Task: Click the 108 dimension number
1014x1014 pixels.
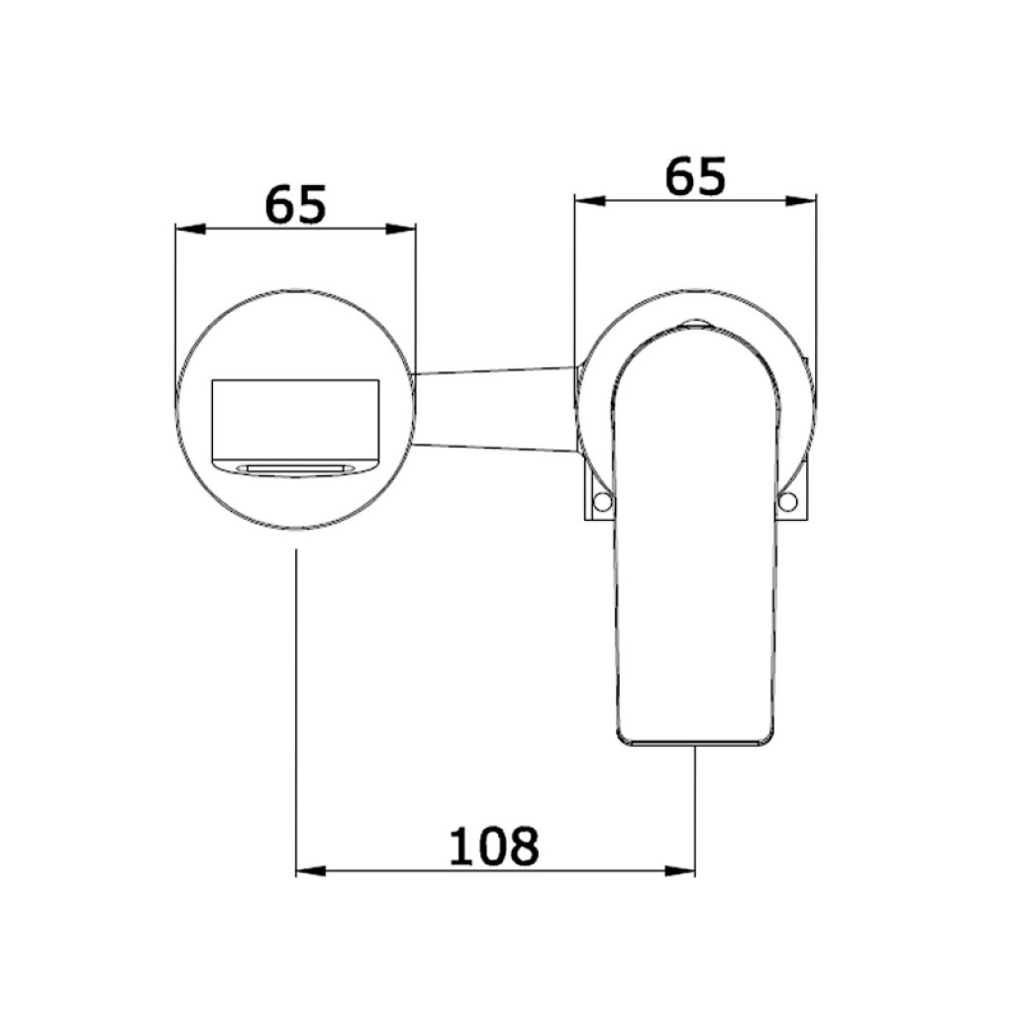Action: click(x=493, y=846)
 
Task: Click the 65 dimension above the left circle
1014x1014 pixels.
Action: click(x=295, y=204)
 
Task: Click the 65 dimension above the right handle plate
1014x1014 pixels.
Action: click(x=696, y=175)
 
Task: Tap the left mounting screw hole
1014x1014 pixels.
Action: click(x=602, y=501)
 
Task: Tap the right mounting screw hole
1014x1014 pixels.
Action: click(x=787, y=501)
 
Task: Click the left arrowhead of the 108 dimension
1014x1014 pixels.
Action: click(x=310, y=871)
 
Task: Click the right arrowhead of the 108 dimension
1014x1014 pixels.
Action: click(x=680, y=871)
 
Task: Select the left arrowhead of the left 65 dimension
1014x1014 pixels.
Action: click(x=191, y=229)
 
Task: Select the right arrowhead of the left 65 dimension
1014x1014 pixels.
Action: click(x=401, y=229)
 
